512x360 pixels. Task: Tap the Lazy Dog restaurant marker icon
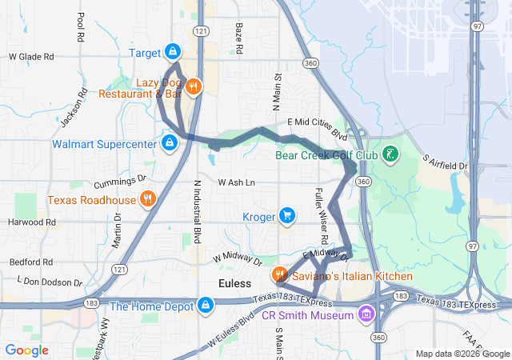click(194, 86)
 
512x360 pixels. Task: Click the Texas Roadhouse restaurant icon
click(147, 198)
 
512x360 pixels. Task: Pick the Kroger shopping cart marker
click(287, 216)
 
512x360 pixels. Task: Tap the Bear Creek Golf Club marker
click(390, 154)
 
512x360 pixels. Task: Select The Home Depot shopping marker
click(206, 305)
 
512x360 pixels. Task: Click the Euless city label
click(235, 284)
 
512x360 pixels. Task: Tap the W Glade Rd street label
click(31, 57)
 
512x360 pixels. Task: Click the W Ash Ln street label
click(236, 182)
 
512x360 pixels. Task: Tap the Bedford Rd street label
click(31, 262)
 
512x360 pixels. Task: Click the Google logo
click(27, 350)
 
